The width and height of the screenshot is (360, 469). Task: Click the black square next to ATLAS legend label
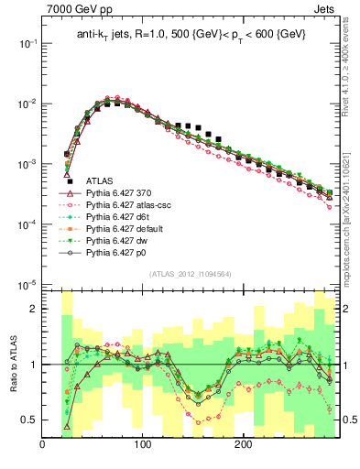(69, 181)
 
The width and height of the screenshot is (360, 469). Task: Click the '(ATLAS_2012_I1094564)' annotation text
(190, 274)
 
